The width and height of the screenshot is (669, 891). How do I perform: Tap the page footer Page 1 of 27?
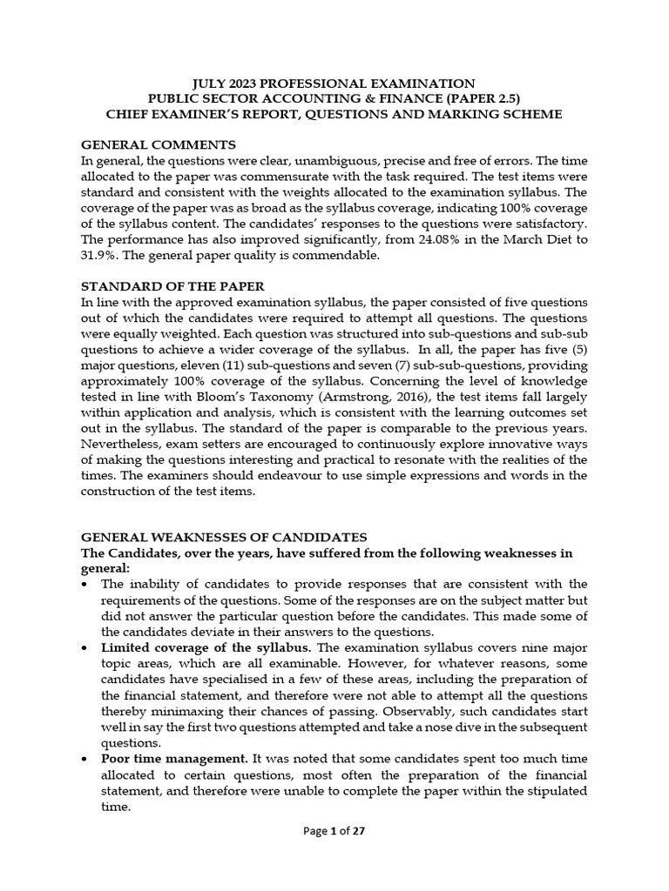point(334,855)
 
